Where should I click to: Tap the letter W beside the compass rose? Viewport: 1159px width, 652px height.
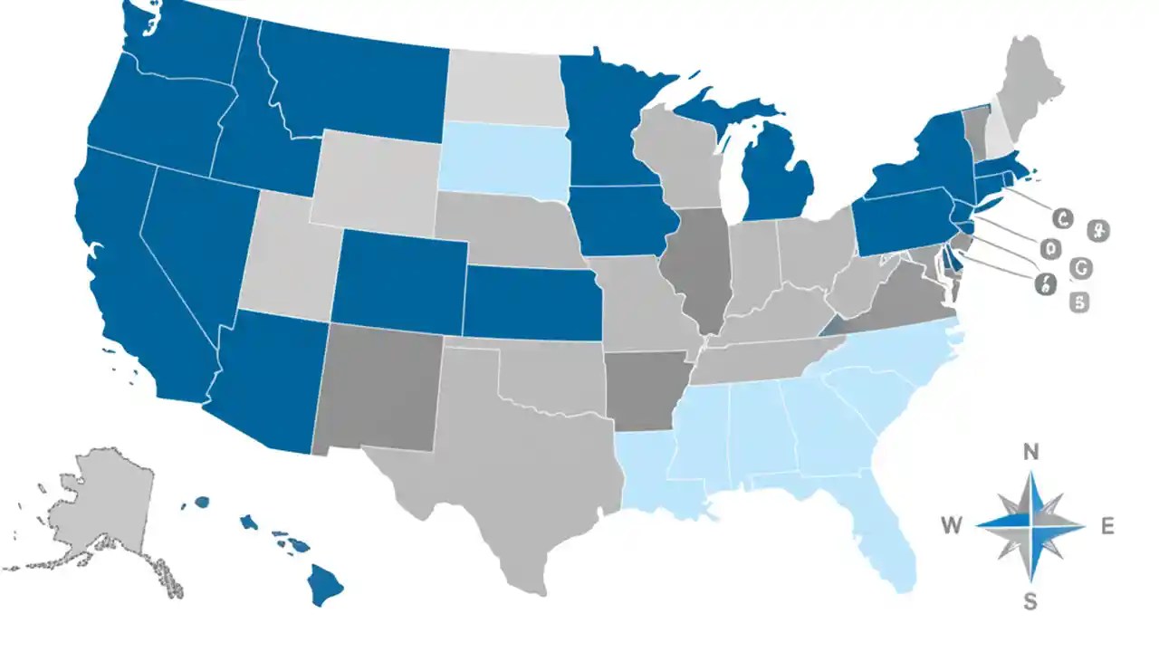(952, 524)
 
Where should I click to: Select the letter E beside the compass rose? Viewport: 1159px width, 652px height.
(1106, 525)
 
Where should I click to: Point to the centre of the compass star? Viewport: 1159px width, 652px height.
(1030, 525)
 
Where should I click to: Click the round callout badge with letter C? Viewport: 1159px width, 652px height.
(1063, 217)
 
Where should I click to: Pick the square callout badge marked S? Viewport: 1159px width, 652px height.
(1078, 302)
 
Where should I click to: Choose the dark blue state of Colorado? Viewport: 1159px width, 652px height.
(399, 277)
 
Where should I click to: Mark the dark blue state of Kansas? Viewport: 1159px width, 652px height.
(532, 303)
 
